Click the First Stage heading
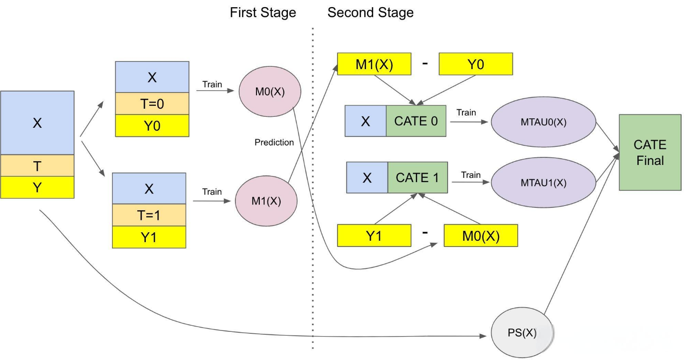click(x=263, y=12)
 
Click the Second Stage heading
click(x=370, y=12)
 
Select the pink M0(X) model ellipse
click(x=270, y=92)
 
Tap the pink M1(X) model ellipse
click(x=266, y=201)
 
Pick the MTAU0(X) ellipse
click(x=543, y=122)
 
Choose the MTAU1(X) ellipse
click(x=543, y=183)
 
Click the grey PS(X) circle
click(x=522, y=332)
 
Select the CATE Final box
click(x=650, y=152)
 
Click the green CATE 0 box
click(x=416, y=121)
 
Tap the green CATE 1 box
click(x=418, y=177)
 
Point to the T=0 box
click(x=152, y=103)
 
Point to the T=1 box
click(x=149, y=215)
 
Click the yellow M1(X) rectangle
click(x=374, y=64)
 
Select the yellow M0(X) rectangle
click(x=481, y=236)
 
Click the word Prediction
click(x=274, y=142)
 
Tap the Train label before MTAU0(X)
click(x=466, y=113)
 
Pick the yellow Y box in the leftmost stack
click(x=37, y=187)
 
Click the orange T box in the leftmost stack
click(x=37, y=166)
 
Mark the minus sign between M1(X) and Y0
click(x=425, y=63)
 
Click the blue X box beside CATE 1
click(x=367, y=177)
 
